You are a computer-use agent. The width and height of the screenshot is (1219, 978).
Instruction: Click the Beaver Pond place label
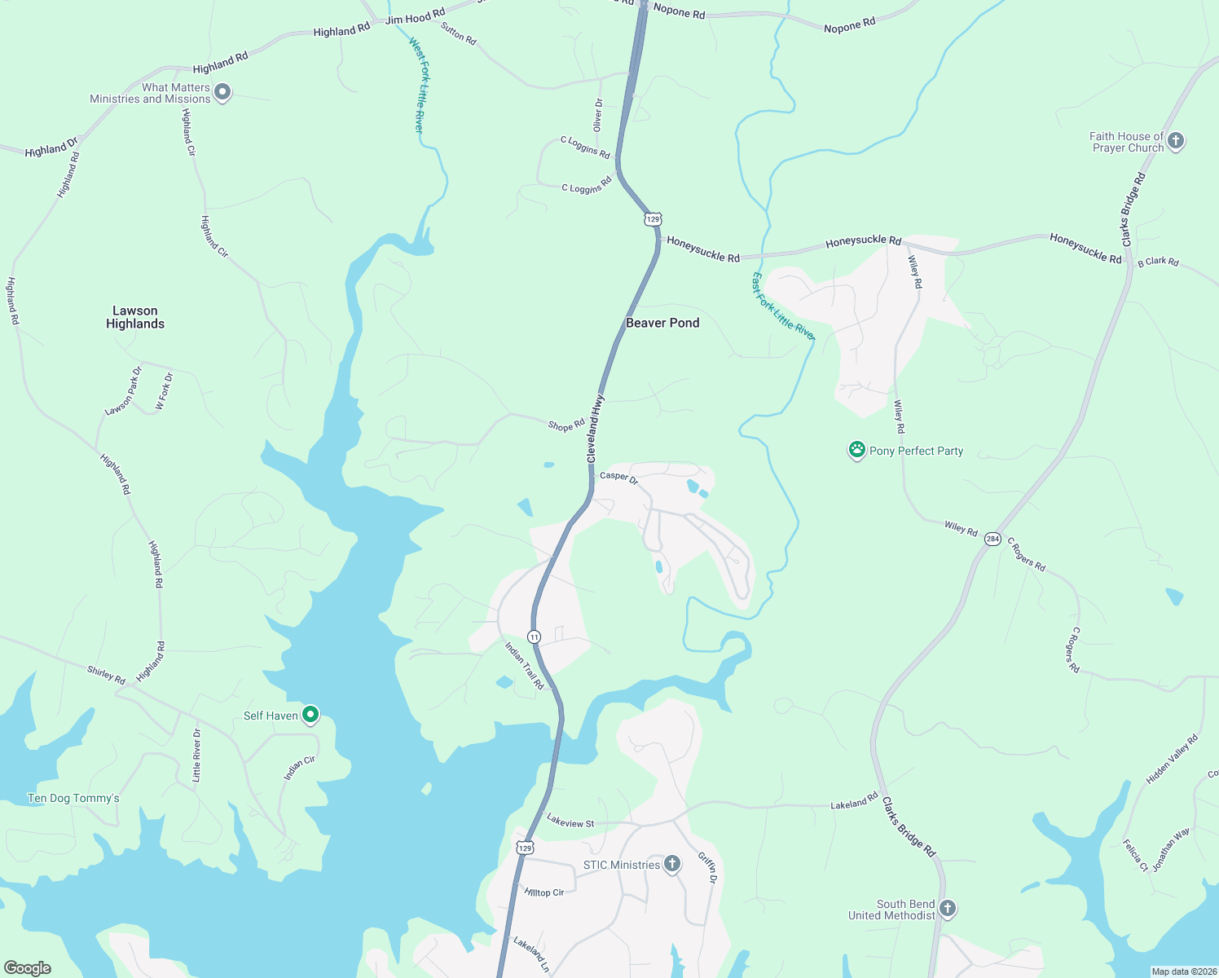pos(662,323)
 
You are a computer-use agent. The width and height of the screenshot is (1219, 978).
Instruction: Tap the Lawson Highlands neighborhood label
pos(135,317)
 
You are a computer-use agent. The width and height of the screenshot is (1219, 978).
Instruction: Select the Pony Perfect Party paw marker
pos(856,450)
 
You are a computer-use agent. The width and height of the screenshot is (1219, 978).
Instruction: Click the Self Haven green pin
pos(310,715)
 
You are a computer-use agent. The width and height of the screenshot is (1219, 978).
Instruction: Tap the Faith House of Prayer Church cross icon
pos(1175,141)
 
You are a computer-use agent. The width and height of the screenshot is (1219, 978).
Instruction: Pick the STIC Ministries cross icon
pos(671,864)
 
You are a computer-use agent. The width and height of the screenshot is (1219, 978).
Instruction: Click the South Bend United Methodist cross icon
pos(947,908)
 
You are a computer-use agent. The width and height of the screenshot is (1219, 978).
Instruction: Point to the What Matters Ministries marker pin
pos(222,92)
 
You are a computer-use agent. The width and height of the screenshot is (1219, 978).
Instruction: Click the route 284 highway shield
pos(992,539)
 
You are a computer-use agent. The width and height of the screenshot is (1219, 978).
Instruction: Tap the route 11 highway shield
pos(534,637)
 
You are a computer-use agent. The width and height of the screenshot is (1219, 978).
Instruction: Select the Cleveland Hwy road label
pos(595,430)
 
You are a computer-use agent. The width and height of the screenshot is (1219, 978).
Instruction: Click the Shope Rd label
pos(566,425)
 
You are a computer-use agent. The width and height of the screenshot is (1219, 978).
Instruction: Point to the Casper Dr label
pos(618,476)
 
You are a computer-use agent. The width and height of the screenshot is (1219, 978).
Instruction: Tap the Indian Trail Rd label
pos(524,666)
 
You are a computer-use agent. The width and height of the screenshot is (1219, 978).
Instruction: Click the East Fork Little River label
pos(782,306)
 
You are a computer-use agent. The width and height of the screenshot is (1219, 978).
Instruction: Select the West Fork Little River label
pos(416,85)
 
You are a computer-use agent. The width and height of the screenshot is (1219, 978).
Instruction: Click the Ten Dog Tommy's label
pos(73,798)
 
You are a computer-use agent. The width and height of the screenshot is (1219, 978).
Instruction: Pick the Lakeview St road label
pos(570,822)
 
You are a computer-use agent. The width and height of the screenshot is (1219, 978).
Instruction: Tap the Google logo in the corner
pos(27,968)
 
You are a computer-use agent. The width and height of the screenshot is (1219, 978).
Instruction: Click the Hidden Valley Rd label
pos(1172,760)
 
